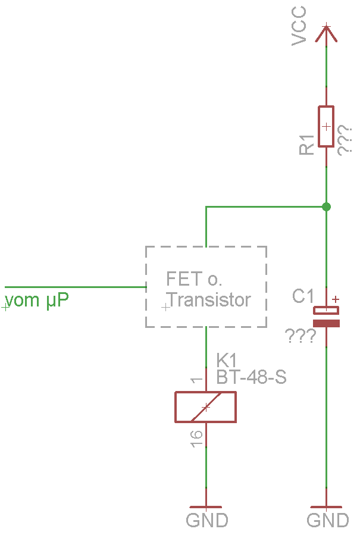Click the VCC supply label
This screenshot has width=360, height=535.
[299, 26]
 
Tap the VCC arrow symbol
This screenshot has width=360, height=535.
[326, 33]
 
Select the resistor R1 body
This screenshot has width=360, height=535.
[326, 126]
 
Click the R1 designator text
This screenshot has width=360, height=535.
[307, 145]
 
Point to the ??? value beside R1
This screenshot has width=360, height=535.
[345, 141]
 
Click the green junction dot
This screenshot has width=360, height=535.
[326, 207]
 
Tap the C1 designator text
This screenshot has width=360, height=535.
[303, 296]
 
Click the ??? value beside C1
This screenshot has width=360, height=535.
[301, 336]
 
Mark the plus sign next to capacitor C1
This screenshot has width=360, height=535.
[336, 299]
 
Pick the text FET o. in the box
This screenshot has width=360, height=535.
[194, 279]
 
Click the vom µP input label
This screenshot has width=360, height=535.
[36, 300]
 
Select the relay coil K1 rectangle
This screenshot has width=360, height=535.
[205, 407]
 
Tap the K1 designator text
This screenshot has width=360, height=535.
[227, 360]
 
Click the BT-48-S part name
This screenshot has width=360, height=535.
[251, 377]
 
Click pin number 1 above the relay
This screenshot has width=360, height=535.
[196, 381]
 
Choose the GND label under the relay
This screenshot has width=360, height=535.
[207, 520]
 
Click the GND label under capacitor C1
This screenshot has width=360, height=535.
[327, 520]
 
